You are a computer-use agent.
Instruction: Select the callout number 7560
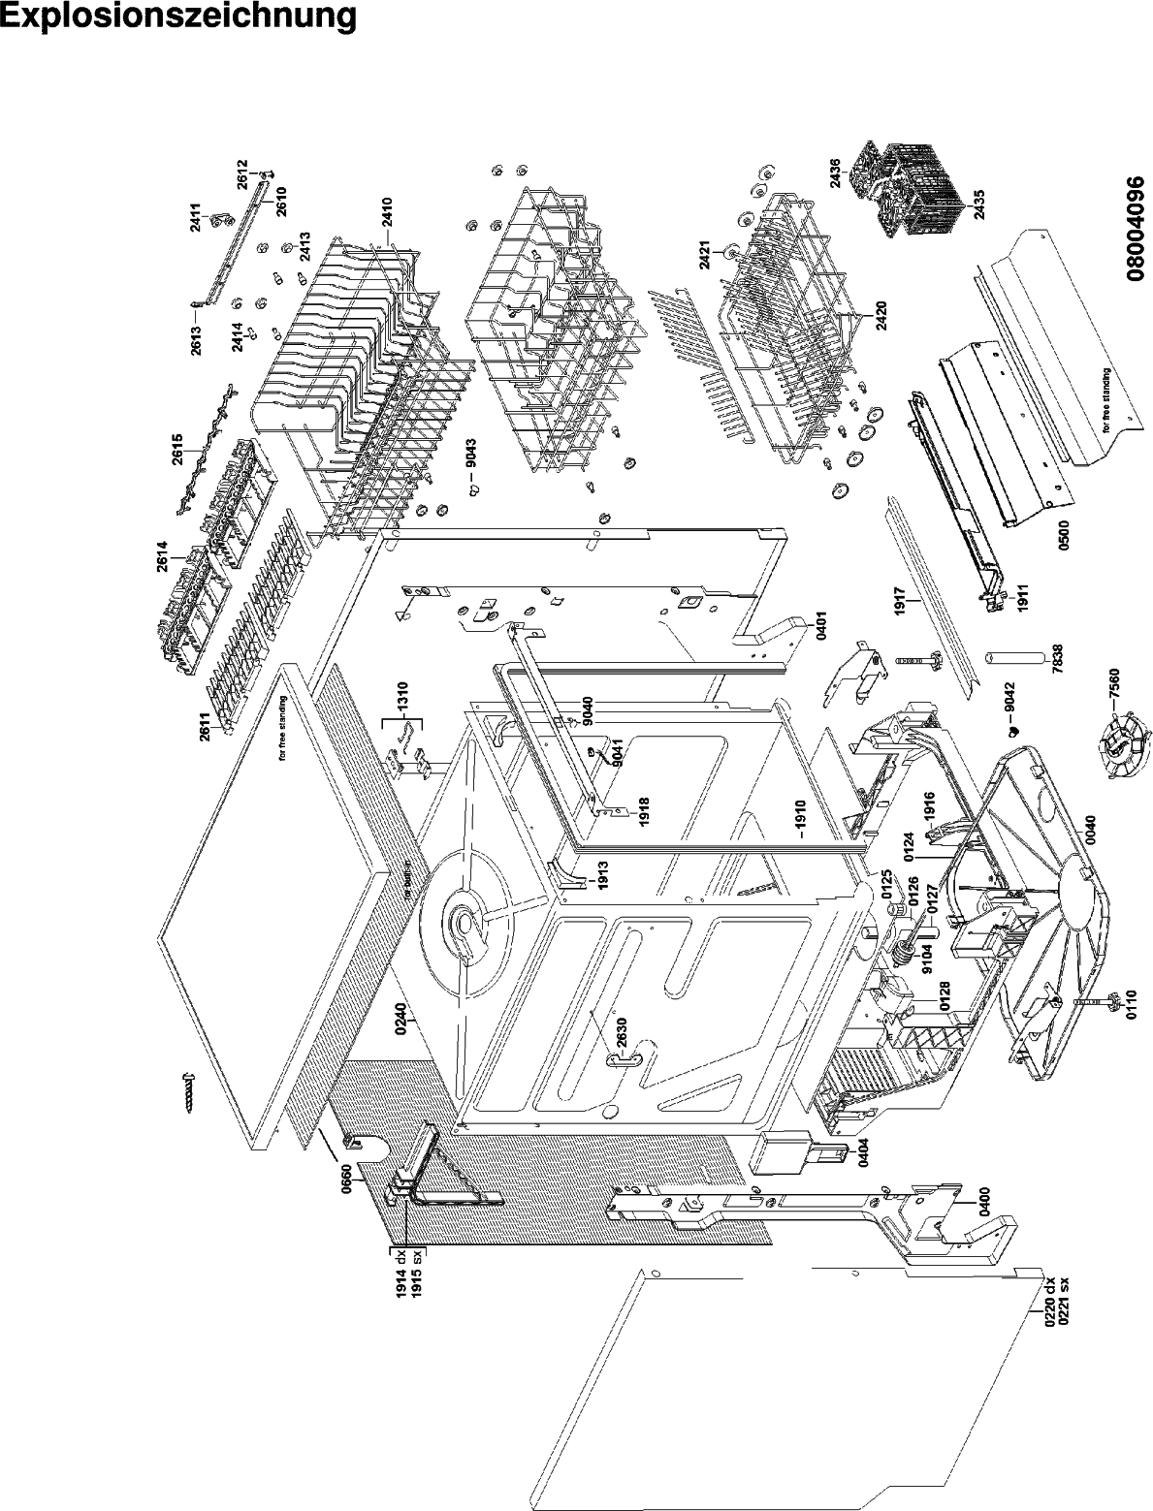tap(1115, 698)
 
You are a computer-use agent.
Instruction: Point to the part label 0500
tap(1063, 548)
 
